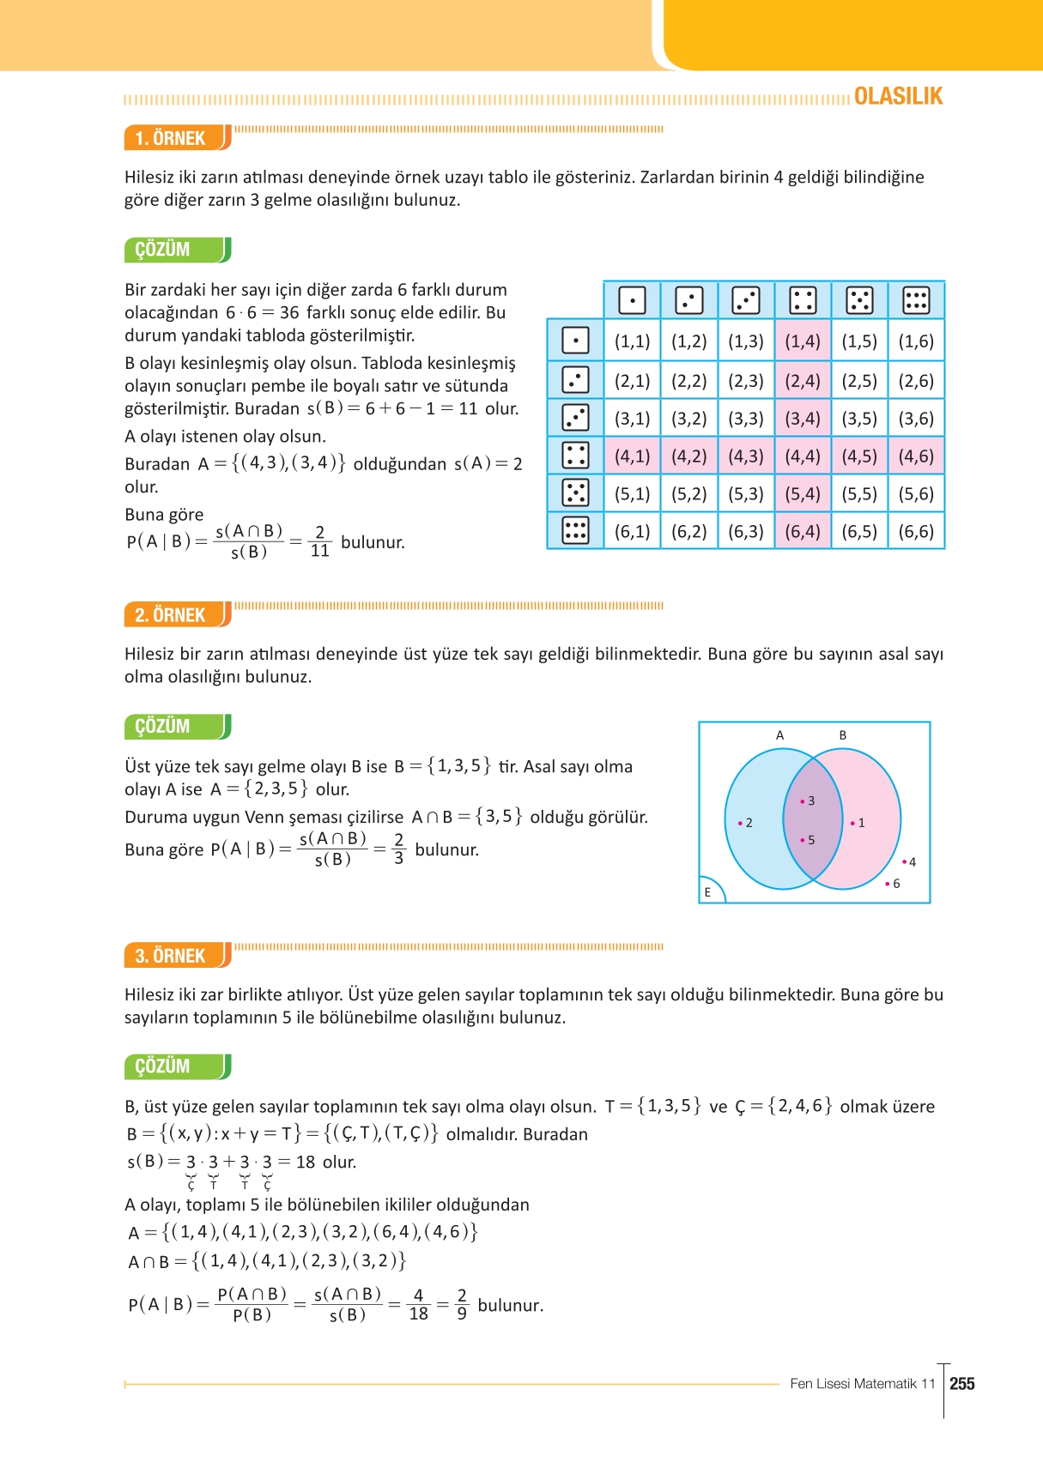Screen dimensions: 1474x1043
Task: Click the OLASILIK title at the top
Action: [x=898, y=96]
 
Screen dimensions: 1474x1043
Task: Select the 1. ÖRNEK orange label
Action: [x=171, y=138]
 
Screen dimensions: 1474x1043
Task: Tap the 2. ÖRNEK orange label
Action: [x=171, y=615]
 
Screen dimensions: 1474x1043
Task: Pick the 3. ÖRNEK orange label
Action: [x=171, y=956]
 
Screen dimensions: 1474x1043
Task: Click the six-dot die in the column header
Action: [x=916, y=300]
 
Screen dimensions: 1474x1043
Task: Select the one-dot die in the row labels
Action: [x=575, y=341]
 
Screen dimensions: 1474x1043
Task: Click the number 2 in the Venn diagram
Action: [x=749, y=823]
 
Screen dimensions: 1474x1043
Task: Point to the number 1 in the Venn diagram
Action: [x=861, y=823]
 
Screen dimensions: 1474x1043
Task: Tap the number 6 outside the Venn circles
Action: [x=896, y=884]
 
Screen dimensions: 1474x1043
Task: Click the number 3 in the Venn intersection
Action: [x=811, y=801]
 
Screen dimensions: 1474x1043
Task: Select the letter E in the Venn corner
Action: [x=707, y=892]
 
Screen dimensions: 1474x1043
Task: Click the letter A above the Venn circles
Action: [x=779, y=735]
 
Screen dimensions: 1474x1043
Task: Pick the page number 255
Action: [x=962, y=1384]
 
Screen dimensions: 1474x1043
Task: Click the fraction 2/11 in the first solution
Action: [x=320, y=542]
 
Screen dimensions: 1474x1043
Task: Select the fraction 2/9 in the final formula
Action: [x=462, y=1305]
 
